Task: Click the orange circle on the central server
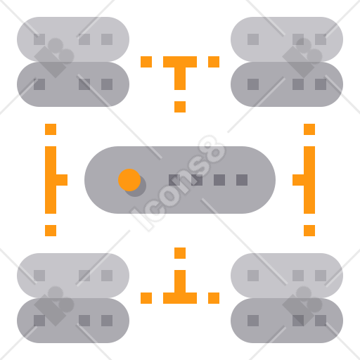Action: click(129, 180)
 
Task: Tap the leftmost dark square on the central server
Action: click(174, 180)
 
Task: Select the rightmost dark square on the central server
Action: click(242, 180)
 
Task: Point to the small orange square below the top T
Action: click(180, 107)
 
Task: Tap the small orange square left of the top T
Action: click(146, 62)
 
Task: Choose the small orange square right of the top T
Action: click(214, 62)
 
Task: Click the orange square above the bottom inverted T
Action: click(180, 253)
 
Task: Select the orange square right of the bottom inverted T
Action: click(214, 298)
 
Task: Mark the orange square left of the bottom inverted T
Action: click(146, 298)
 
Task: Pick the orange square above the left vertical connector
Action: click(51, 129)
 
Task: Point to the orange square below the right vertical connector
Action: click(309, 231)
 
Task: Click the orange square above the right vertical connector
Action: click(309, 129)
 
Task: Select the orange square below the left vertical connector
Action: click(51, 231)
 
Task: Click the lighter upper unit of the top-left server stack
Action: click(73, 39)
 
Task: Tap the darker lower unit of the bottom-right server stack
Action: click(287, 321)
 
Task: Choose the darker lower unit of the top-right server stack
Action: click(287, 84)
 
